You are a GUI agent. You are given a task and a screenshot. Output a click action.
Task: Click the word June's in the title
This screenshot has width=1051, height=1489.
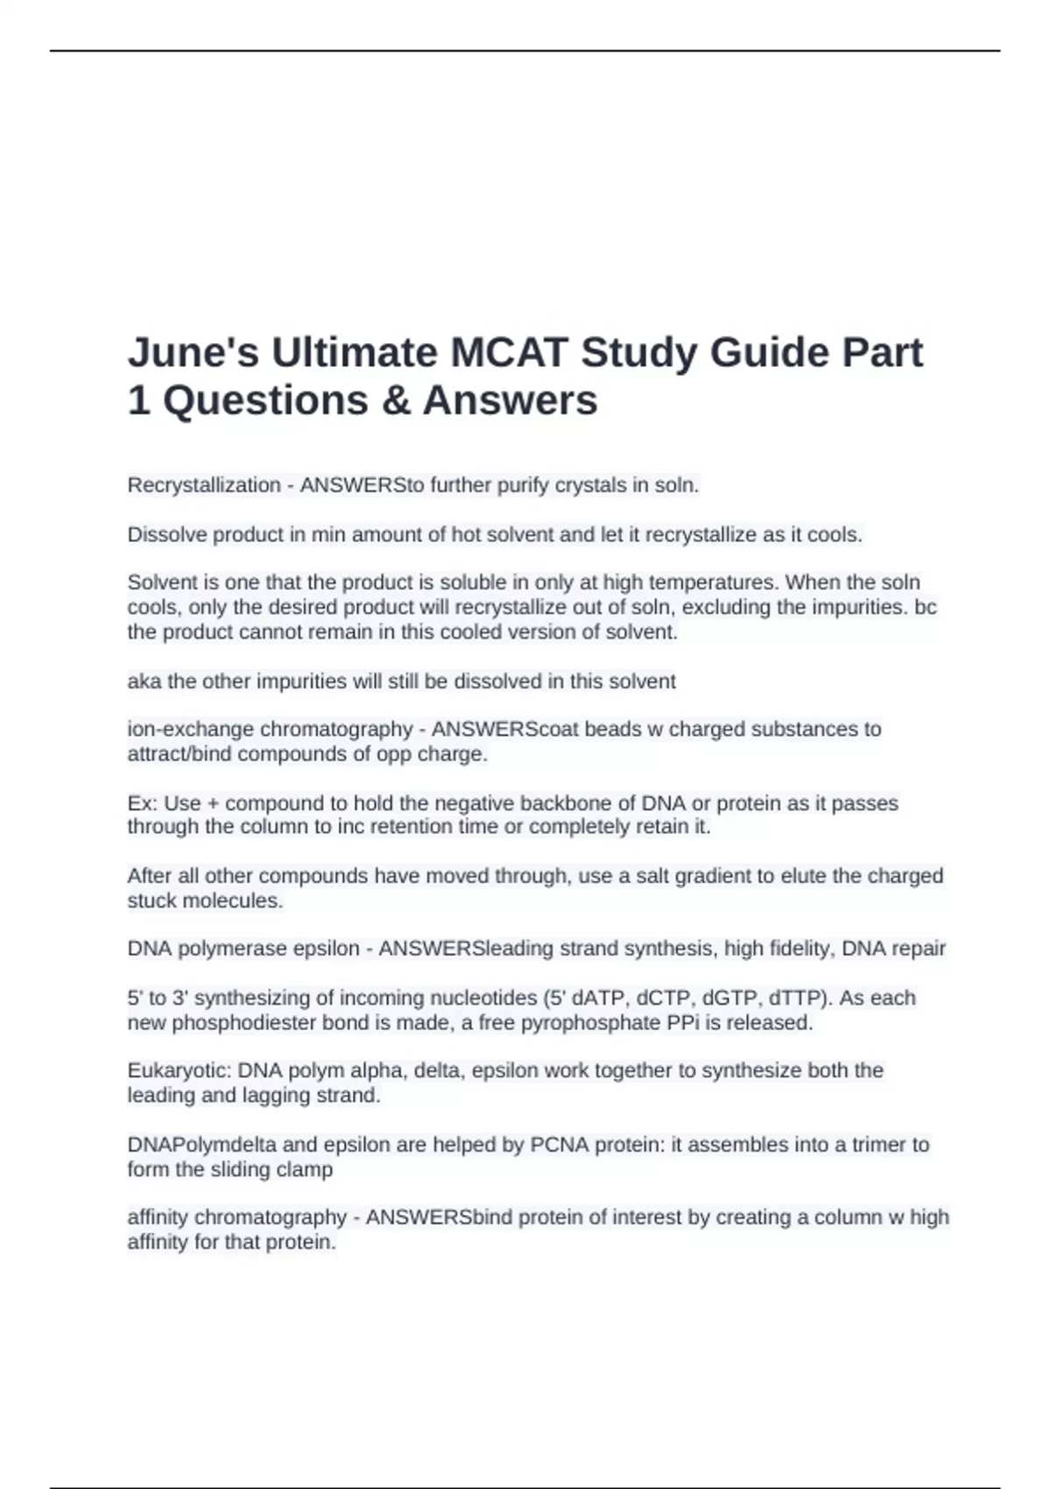tap(193, 353)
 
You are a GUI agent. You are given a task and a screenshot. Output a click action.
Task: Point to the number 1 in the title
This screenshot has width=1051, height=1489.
tap(138, 401)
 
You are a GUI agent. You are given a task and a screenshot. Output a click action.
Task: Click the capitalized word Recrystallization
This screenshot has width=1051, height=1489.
tap(203, 485)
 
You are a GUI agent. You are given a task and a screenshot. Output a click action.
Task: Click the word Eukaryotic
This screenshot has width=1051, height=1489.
tap(179, 1070)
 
